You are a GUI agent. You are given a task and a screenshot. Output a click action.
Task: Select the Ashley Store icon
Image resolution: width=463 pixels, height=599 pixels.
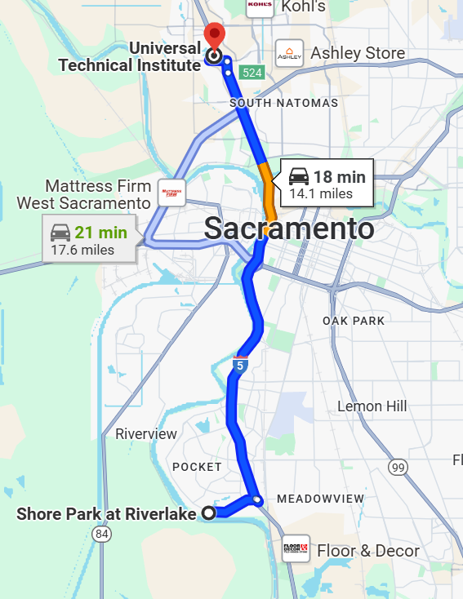tap(290, 54)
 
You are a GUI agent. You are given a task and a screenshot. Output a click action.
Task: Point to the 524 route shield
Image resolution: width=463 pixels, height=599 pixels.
tap(253, 73)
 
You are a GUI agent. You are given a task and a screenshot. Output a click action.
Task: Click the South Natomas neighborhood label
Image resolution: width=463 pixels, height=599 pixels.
tap(283, 103)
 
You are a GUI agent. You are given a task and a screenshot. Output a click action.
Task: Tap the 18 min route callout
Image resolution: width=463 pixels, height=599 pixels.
tap(326, 184)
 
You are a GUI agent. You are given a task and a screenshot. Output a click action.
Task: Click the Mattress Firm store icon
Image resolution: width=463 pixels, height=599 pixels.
tap(172, 193)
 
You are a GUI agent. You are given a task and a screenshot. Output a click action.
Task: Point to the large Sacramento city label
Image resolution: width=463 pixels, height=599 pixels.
tap(289, 229)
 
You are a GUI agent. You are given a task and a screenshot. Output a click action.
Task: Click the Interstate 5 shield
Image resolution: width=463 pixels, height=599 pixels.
tap(240, 365)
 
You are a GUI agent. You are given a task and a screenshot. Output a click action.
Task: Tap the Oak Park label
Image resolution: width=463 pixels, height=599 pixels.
tap(353, 321)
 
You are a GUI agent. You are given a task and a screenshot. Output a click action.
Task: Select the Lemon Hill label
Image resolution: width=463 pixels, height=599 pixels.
tap(372, 406)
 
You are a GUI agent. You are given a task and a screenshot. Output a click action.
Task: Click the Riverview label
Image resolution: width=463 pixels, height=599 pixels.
tap(145, 434)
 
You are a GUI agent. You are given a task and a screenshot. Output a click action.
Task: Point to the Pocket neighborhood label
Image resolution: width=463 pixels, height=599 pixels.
tap(197, 467)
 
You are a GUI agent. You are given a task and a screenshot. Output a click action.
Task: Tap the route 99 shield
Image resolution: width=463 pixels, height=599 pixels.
tap(398, 467)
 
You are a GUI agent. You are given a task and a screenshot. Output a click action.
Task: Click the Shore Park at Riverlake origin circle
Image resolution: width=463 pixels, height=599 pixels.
tap(208, 513)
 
